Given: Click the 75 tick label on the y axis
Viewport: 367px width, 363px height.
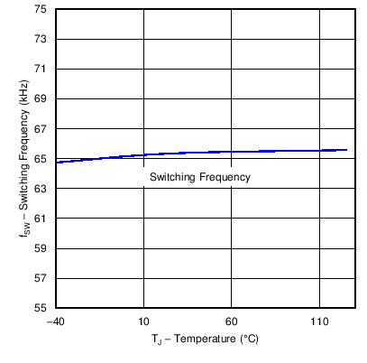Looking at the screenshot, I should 41,9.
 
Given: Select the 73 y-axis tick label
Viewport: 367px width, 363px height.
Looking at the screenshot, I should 41,39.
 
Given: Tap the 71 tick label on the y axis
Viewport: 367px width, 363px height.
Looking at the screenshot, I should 41,69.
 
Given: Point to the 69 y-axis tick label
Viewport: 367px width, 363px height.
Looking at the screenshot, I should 41,98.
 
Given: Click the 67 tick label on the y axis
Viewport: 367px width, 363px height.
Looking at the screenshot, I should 41,128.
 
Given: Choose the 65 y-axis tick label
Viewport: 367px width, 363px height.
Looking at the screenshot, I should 41,158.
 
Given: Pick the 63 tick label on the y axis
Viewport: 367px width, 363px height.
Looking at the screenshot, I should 41,188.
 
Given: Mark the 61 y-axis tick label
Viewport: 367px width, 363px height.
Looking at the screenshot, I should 41,218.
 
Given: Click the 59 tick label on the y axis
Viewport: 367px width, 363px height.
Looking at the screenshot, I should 41,247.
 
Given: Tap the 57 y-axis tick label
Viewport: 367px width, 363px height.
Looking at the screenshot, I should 41,277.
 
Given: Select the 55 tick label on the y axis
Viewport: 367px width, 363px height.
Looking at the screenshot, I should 41,307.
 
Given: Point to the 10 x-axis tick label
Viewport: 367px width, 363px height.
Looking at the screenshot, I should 143,321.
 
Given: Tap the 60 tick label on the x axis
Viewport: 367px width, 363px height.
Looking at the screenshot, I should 232,321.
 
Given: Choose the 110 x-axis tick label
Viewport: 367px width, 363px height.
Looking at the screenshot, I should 320,321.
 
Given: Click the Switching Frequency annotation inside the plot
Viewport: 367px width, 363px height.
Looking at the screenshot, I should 199,177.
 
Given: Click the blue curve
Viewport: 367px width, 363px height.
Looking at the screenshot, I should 198,153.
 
